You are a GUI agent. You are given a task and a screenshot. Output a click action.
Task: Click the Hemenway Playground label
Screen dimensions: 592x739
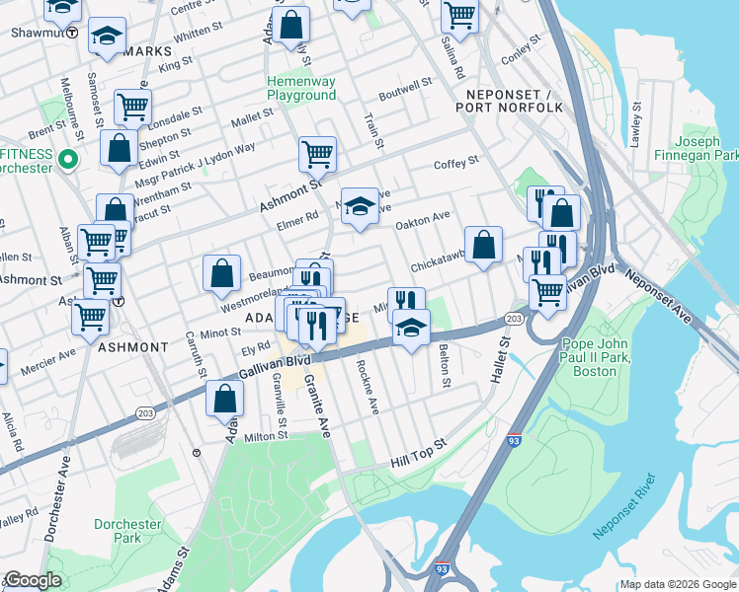301,88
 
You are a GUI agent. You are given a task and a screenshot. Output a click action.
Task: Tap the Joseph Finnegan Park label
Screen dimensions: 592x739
696,148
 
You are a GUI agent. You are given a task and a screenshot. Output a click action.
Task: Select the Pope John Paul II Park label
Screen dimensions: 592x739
603,357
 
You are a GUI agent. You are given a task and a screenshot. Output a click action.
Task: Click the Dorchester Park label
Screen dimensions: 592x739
121,531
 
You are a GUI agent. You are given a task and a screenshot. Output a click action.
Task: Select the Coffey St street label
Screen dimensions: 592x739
455,161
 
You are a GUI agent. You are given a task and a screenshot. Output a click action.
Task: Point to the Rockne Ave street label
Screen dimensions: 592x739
366,386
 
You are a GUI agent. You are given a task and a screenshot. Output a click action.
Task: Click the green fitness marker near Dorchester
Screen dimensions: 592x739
68,159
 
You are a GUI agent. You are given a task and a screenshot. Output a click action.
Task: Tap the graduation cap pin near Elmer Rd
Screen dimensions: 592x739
360,206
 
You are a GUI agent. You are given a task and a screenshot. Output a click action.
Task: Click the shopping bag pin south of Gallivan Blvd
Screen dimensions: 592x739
225,399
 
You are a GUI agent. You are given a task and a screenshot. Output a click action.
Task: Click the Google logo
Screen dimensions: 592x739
33,580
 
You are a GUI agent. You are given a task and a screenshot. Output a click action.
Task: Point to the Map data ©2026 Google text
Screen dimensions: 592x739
678,584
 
